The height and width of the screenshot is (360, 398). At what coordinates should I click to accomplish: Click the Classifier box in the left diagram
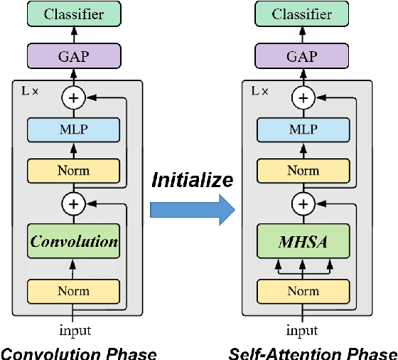click(x=74, y=14)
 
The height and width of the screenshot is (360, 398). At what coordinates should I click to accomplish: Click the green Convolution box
click(x=74, y=241)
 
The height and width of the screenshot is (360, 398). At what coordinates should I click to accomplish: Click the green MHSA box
click(x=303, y=241)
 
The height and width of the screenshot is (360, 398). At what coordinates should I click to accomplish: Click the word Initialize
click(x=192, y=180)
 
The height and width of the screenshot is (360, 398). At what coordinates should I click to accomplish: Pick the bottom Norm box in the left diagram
click(x=74, y=291)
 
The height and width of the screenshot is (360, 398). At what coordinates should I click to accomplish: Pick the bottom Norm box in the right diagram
click(x=303, y=291)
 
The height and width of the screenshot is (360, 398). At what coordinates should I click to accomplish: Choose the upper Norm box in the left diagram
click(x=74, y=171)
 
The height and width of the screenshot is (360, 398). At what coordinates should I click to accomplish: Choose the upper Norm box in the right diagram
click(x=303, y=171)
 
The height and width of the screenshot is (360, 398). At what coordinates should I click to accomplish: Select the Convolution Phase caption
click(x=78, y=352)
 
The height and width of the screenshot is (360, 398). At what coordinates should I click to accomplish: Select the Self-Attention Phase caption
click(x=313, y=352)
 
